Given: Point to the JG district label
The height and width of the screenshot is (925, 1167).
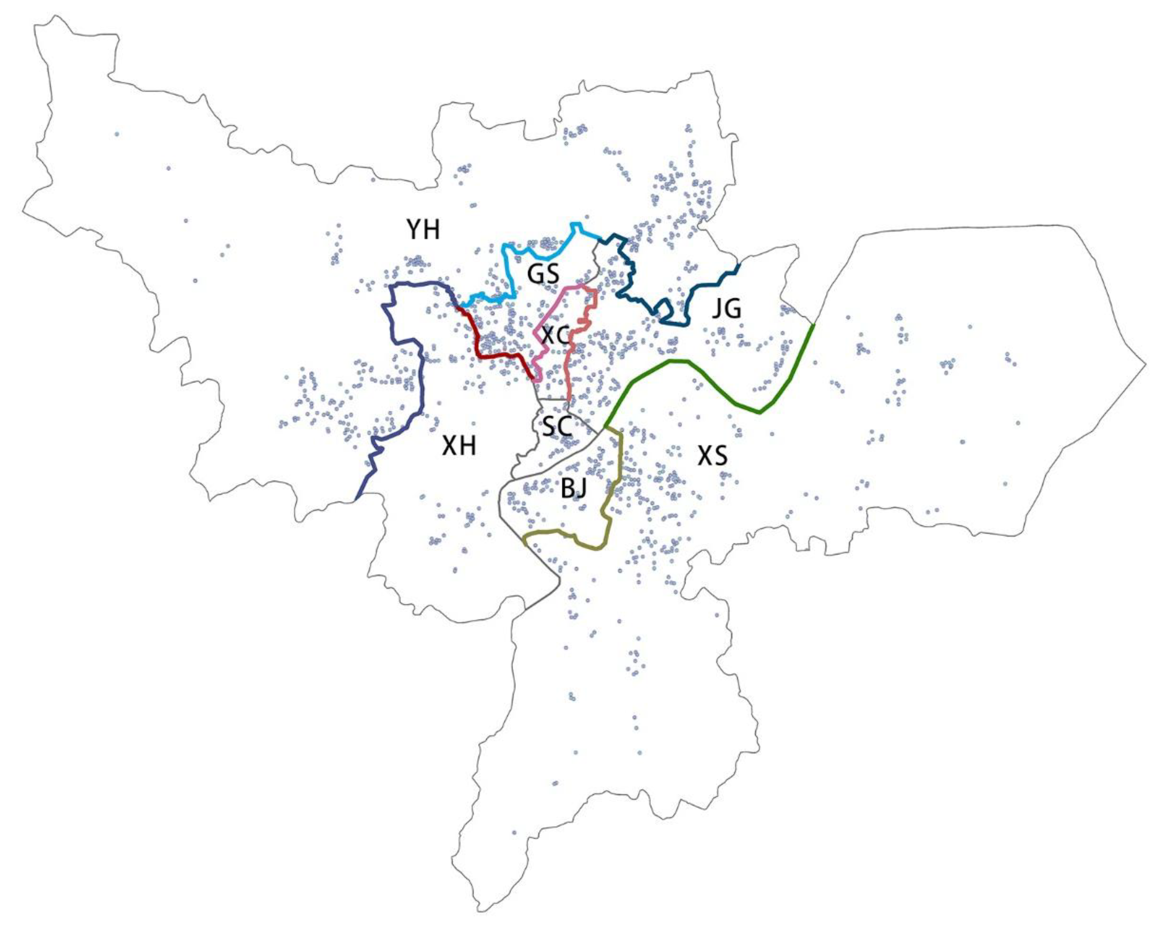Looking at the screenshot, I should pyautogui.click(x=726, y=309).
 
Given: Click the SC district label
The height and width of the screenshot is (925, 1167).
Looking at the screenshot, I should pyautogui.click(x=557, y=426).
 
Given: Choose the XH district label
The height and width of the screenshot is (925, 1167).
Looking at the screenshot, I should pyautogui.click(x=459, y=447).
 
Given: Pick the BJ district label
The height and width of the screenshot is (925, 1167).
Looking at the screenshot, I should pyautogui.click(x=574, y=489).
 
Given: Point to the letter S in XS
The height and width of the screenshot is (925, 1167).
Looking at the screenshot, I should pyautogui.click(x=720, y=456).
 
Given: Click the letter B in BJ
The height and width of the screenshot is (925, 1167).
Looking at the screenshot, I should pyautogui.click(x=567, y=489).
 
